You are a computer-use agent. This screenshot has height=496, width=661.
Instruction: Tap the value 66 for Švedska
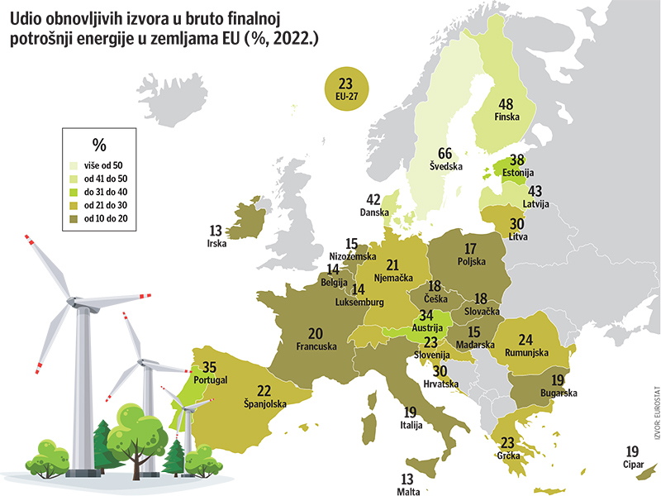445,154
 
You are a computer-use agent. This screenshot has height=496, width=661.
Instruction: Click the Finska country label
506,117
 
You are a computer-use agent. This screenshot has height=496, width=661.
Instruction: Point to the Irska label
216,244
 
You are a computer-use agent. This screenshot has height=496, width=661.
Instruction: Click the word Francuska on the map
316,346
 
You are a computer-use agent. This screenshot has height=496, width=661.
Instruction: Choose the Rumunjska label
526,353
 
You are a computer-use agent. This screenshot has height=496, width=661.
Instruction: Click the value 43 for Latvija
534,191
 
